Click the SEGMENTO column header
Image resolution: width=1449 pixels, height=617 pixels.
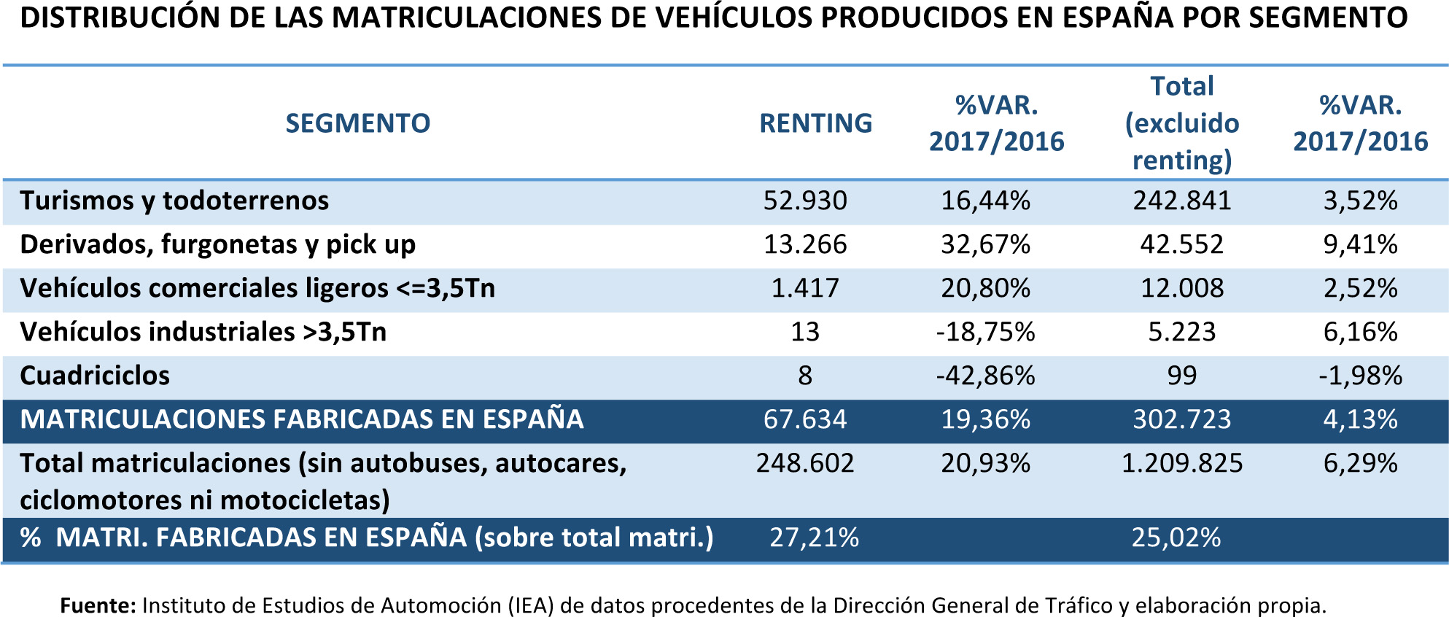pyautogui.click(x=357, y=123)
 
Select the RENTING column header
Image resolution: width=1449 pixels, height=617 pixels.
pyautogui.click(x=815, y=123)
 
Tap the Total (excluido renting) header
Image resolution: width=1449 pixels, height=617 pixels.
pyautogui.click(x=1181, y=123)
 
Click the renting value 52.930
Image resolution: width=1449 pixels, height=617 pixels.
pyautogui.click(x=805, y=201)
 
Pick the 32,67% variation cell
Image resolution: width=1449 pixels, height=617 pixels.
pyautogui.click(x=985, y=244)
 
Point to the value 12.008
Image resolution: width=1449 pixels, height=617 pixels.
pyautogui.click(x=1181, y=288)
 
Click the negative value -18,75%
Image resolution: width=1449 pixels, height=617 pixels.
pyautogui.click(x=985, y=332)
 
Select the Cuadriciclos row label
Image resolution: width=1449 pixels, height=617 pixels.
pyautogui.click(x=95, y=376)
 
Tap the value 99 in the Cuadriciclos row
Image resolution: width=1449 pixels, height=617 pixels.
pyautogui.click(x=1181, y=376)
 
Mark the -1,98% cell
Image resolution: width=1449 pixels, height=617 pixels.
pyautogui.click(x=1360, y=376)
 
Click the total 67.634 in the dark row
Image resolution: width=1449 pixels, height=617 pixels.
pyautogui.click(x=805, y=419)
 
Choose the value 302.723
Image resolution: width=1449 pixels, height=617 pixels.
pyautogui.click(x=1181, y=419)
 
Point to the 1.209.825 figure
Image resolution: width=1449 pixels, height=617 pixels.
pyautogui.click(x=1181, y=463)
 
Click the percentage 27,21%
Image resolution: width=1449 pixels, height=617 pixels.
pyautogui.click(x=814, y=538)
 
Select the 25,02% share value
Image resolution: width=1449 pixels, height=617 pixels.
pyautogui.click(x=1176, y=538)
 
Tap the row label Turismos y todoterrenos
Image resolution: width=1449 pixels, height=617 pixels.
pyautogui.click(x=174, y=201)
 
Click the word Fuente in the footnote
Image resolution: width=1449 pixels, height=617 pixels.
pyautogui.click(x=97, y=605)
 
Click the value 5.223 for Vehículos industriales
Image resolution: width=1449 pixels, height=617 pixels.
pyautogui.click(x=1181, y=332)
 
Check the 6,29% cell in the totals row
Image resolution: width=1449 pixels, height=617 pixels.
pyautogui.click(x=1360, y=463)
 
